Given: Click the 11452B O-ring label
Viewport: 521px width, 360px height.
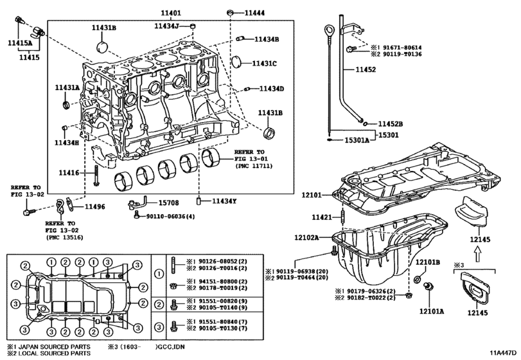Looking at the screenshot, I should [x=391, y=123].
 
